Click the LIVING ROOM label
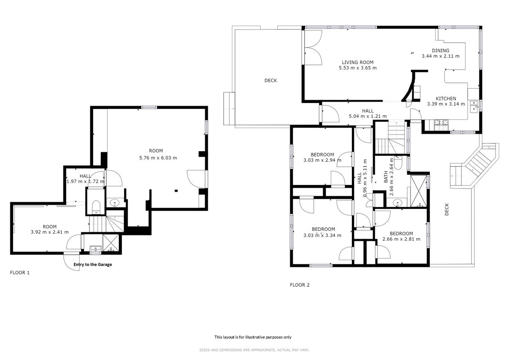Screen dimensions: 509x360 point(357,63)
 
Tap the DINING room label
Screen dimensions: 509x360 point(441,50)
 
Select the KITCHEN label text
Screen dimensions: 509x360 point(446,99)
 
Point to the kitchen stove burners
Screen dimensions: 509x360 point(441,122)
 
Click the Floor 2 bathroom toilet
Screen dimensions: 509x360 point(399,162)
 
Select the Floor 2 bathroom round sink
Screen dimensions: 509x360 point(398,203)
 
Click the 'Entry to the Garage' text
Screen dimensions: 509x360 point(93,265)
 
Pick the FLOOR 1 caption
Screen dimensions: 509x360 point(20,273)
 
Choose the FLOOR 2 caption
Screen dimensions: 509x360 point(300,285)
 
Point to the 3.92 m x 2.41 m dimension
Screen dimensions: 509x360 point(50,232)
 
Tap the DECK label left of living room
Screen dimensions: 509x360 point(270,81)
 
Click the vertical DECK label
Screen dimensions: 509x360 point(446,209)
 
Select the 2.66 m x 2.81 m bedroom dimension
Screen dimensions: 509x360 point(401,239)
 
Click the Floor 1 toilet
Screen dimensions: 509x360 point(96,207)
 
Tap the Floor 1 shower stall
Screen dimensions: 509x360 point(111,243)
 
